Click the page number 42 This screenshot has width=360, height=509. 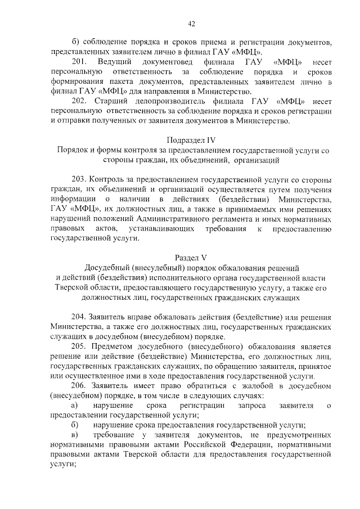coord(191,23)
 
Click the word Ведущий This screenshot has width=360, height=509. coord(114,61)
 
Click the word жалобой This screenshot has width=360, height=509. coord(232,385)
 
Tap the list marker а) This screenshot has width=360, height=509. coord(73,405)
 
